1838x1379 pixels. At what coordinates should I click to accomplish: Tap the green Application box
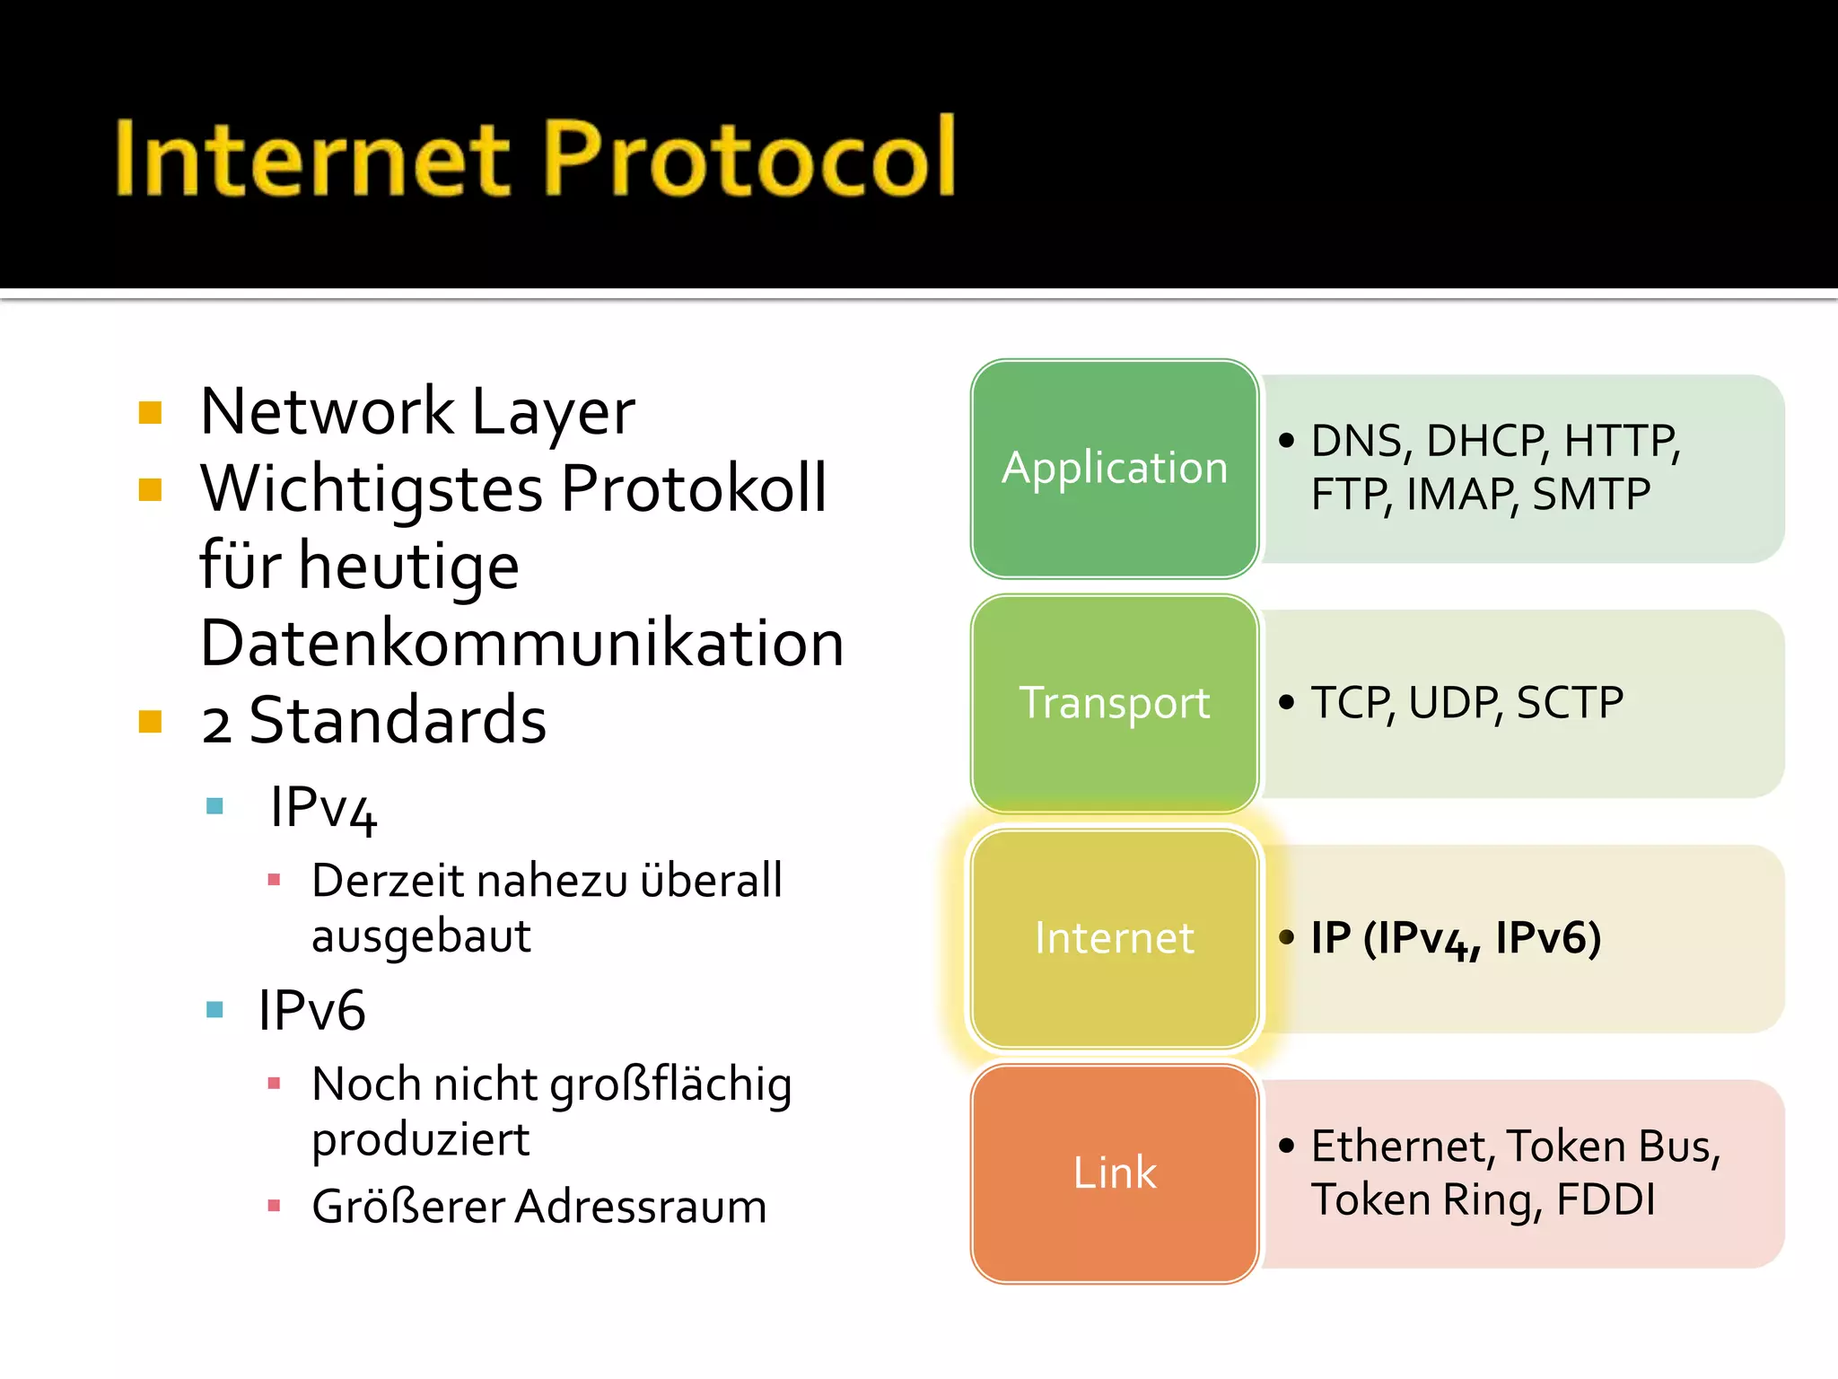pyautogui.click(x=1115, y=469)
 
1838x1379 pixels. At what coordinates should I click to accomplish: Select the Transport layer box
pyautogui.click(x=1115, y=704)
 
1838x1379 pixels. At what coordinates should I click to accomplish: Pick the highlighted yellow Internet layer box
pyautogui.click(x=1115, y=938)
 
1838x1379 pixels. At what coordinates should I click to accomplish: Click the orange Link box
pyautogui.click(x=1115, y=1173)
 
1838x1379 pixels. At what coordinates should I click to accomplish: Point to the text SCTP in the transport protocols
pyautogui.click(x=1570, y=703)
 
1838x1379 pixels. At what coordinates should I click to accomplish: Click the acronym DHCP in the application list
pyautogui.click(x=1485, y=442)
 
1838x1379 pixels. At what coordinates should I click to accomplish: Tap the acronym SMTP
pyautogui.click(x=1591, y=495)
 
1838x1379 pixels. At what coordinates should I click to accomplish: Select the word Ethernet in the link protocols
pyautogui.click(x=1398, y=1146)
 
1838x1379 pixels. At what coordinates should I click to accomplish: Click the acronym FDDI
pyautogui.click(x=1606, y=1200)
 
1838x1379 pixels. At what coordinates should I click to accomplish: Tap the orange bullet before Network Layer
pyautogui.click(x=151, y=413)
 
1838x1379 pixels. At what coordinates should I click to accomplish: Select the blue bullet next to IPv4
pyautogui.click(x=214, y=806)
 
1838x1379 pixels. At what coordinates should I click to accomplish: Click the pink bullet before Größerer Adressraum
pyautogui.click(x=275, y=1206)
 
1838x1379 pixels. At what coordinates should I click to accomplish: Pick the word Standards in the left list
pyautogui.click(x=398, y=721)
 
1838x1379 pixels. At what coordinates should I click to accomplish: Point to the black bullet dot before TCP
pyautogui.click(x=1287, y=702)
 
